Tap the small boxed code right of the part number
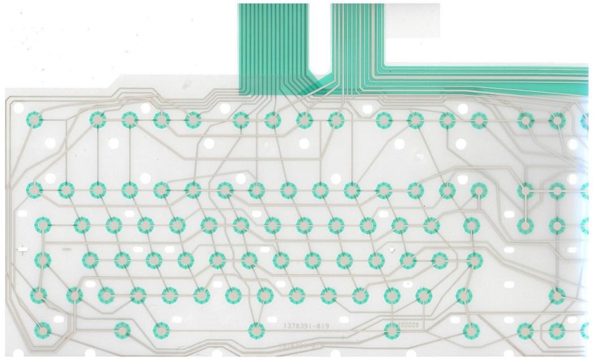pos(409,324)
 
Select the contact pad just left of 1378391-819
pos(256,330)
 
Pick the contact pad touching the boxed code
pos(391,330)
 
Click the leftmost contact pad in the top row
pos(33,119)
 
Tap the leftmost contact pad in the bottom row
pos(42,329)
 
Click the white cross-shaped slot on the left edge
pos(22,250)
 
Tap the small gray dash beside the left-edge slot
pos(66,250)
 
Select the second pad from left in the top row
pos(97,119)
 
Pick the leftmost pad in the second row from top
pos(33,190)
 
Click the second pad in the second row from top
pos(65,190)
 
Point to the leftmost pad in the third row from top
pos(42,223)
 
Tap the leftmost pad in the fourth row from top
pos(42,259)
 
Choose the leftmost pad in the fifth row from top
pos(37,296)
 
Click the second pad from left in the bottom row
pos(122,330)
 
